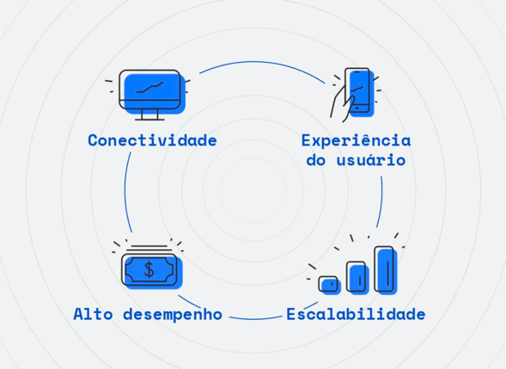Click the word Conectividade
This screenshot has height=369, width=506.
click(x=152, y=140)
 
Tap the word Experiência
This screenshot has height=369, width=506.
click(x=356, y=140)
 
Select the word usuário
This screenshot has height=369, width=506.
click(x=371, y=160)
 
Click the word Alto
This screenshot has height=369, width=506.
click(x=93, y=314)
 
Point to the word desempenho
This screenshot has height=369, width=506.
click(x=173, y=315)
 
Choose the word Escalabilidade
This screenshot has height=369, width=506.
click(x=356, y=315)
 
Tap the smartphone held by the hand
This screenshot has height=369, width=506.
click(x=359, y=91)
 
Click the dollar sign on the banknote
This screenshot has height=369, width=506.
click(x=149, y=269)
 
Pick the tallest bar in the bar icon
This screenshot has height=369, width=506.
click(x=386, y=270)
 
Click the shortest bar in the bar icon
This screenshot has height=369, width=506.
click(x=330, y=285)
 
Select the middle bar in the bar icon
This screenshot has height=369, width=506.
click(x=357, y=278)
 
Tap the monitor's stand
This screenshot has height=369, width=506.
click(x=149, y=114)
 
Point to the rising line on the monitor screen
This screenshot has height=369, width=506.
click(x=149, y=87)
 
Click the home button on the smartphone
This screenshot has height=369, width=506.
click(x=357, y=108)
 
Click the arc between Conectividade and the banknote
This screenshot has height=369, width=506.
click(x=125, y=192)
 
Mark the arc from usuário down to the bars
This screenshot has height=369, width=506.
click(x=381, y=202)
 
